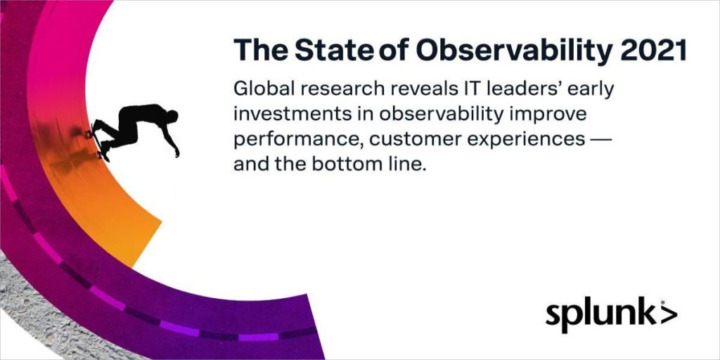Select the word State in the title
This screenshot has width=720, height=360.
[x=334, y=49]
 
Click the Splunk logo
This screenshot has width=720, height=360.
[x=611, y=316]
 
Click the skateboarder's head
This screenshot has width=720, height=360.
[x=172, y=117]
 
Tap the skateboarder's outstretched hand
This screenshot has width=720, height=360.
[x=176, y=153]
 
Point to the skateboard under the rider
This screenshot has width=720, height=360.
[x=98, y=141]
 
